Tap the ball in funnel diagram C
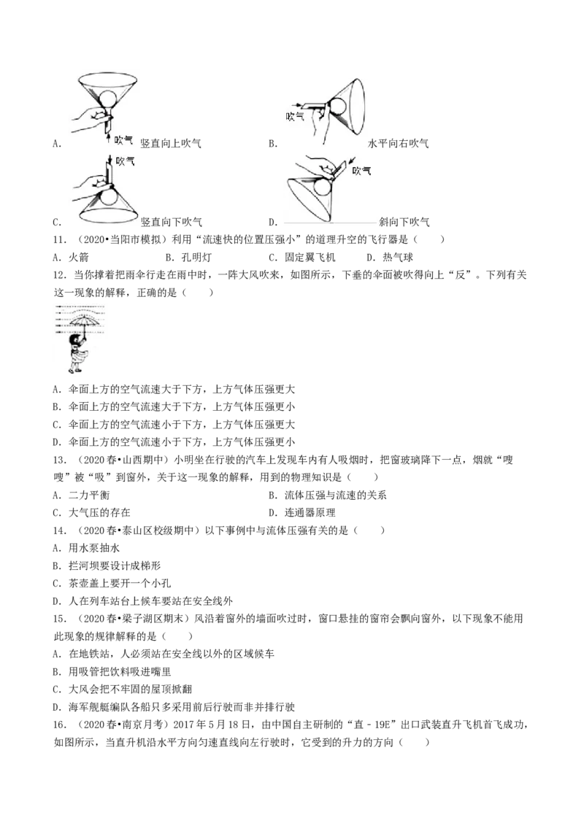pos(110,198)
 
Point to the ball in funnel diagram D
pos(323,188)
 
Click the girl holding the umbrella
pos(80,352)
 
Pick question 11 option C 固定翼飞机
pos(302,258)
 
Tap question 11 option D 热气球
pos(390,258)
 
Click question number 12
pos(60,275)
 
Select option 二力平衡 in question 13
pos(82,495)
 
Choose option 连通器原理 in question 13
pos(302,512)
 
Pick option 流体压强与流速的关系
pos(327,495)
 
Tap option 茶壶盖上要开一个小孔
pos(112,583)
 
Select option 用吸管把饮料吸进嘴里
pos(112,671)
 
